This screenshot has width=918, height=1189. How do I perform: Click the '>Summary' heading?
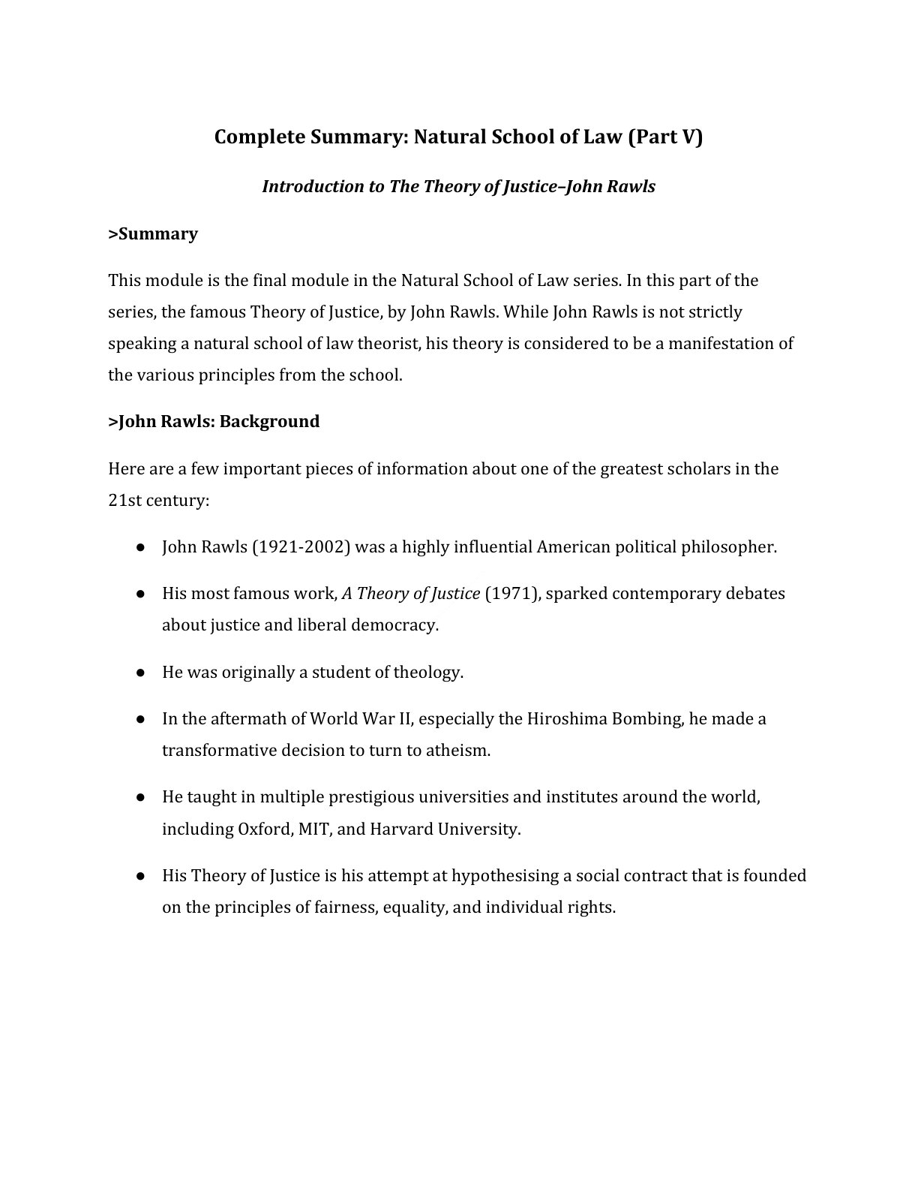(153, 233)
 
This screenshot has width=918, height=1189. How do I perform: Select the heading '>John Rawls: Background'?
(214, 421)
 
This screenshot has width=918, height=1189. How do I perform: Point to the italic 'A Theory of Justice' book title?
(410, 593)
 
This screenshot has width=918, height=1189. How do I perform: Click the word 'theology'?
(427, 672)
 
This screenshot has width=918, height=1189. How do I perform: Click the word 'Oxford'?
(264, 829)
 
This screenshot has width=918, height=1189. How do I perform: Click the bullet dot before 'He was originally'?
(140, 673)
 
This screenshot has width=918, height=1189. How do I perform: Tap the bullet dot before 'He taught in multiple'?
(140, 797)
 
